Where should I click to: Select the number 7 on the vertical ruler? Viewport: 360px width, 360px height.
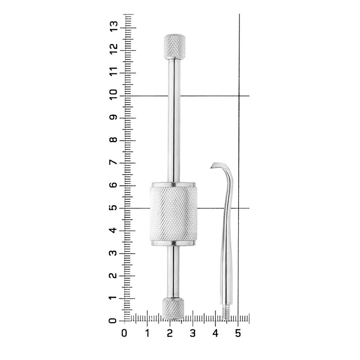[114, 163]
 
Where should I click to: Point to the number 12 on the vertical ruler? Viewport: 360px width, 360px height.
[114, 49]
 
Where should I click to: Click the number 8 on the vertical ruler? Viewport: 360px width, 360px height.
[114, 140]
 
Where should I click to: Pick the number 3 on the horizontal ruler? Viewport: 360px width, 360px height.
[192, 333]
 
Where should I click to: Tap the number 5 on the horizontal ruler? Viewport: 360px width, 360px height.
[238, 333]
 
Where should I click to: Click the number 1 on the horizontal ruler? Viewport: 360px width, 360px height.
[147, 333]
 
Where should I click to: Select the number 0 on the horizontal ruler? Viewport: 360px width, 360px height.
[124, 333]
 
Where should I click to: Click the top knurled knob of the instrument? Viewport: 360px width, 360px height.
[175, 47]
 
